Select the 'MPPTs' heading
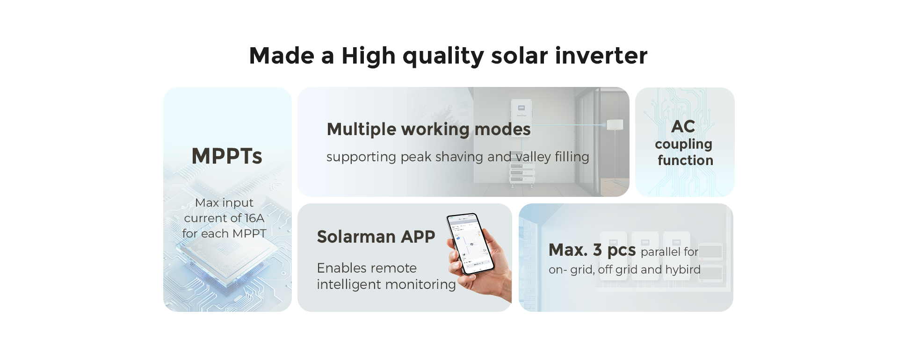pyautogui.click(x=227, y=156)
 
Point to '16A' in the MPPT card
pyautogui.click(x=254, y=218)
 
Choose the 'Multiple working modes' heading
pyautogui.click(x=429, y=129)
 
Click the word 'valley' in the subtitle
pyautogui.click(x=533, y=157)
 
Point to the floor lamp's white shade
pyautogui.click(x=615, y=125)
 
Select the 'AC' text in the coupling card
pyautogui.click(x=683, y=127)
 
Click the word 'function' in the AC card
pyautogui.click(x=685, y=160)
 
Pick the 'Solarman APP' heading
pyautogui.click(x=376, y=237)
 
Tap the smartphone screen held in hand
pyautogui.click(x=470, y=243)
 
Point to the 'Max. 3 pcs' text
pyautogui.click(x=592, y=250)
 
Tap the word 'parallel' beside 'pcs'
pyautogui.click(x=660, y=252)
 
